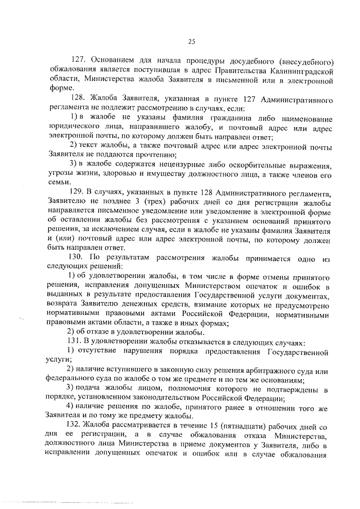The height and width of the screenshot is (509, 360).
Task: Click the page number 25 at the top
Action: tap(191, 40)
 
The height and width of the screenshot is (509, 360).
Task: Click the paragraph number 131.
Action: tap(75, 343)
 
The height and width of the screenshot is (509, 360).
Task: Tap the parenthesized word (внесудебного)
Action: tap(308, 61)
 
